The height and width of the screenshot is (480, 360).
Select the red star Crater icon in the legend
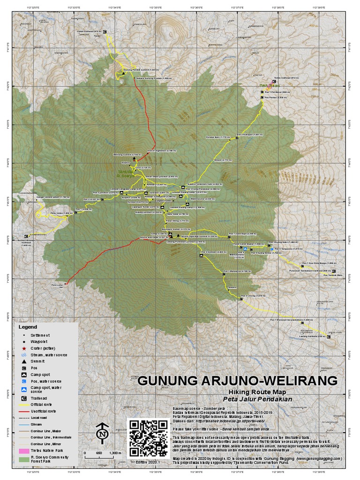(x=23, y=349)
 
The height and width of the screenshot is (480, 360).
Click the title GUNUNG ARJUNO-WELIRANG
(x=237, y=380)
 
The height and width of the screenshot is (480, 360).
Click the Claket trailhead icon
(x=105, y=32)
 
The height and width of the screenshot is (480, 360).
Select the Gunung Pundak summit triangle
(x=123, y=74)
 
